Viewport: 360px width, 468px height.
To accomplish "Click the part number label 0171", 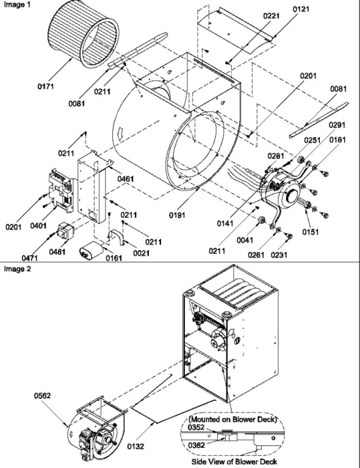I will coord(45,87).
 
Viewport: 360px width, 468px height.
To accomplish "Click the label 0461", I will coord(127,179).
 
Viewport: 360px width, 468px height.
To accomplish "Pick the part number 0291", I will coord(337,125).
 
